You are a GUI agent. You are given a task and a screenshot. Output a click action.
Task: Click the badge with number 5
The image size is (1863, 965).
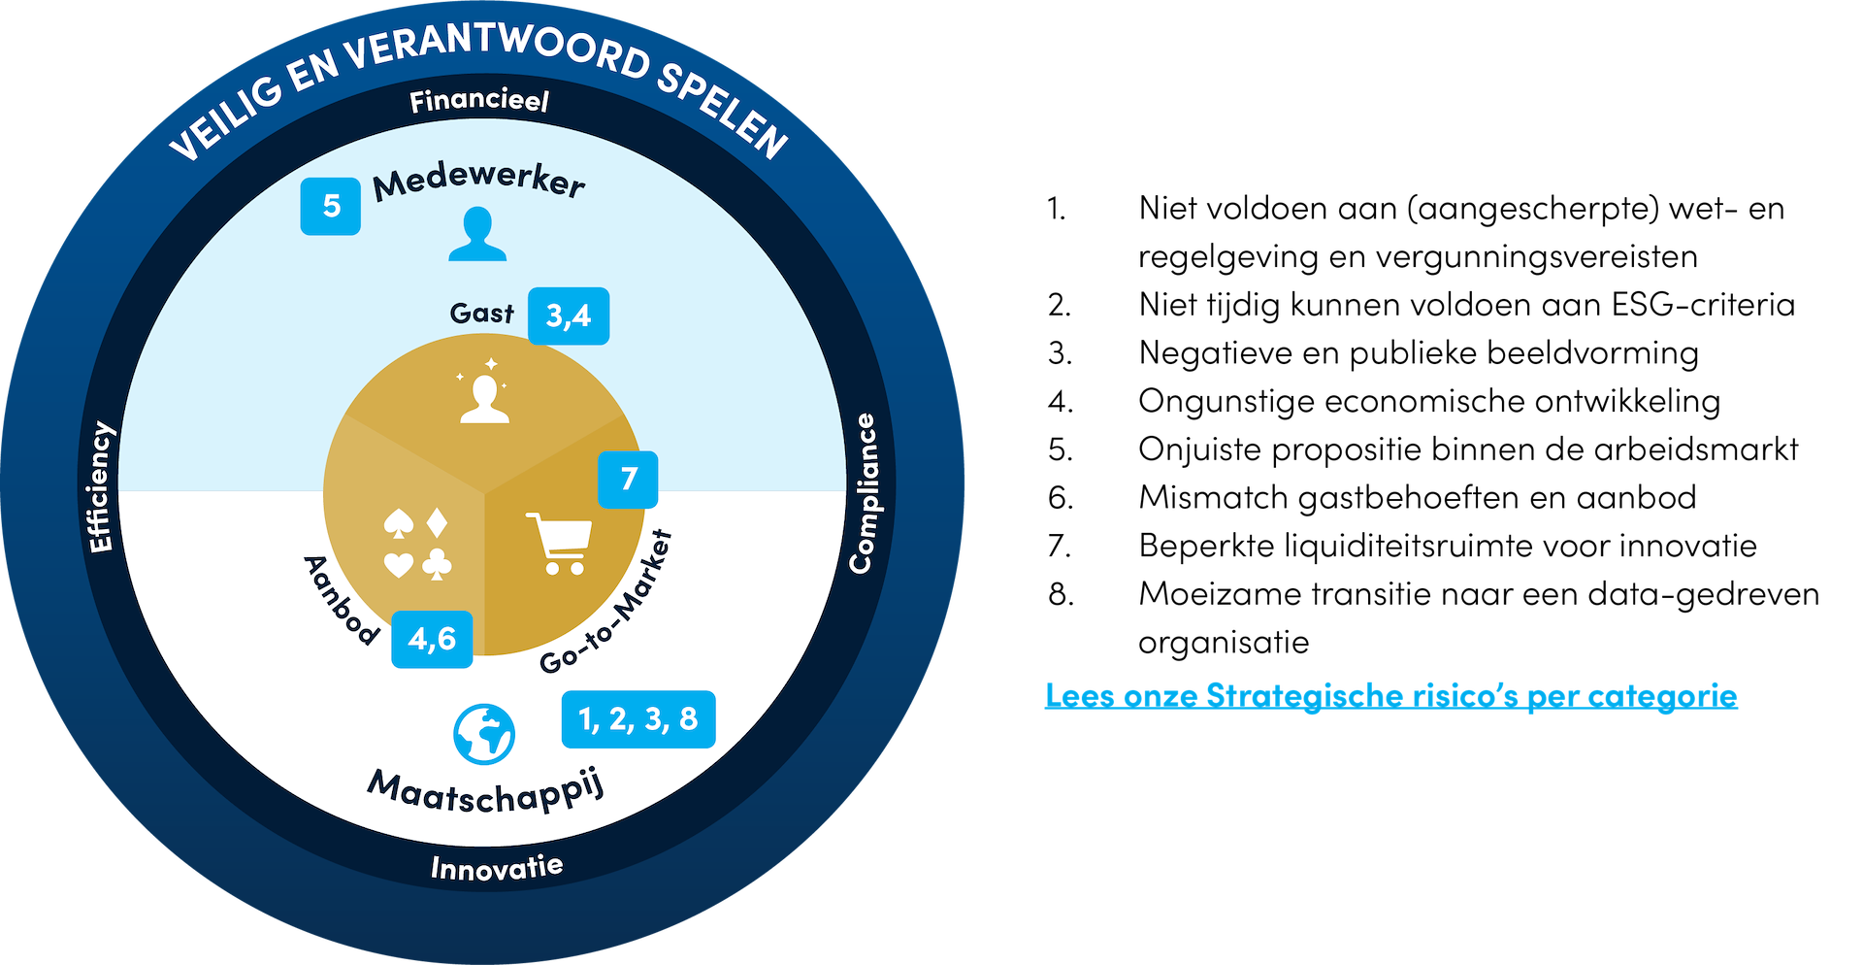[x=330, y=206]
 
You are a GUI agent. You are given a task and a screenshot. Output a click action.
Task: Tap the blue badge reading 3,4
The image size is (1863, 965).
[x=569, y=316]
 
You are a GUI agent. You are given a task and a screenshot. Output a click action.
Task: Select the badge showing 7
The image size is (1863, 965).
[x=628, y=479]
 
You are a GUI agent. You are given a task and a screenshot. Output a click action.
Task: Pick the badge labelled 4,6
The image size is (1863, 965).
[x=432, y=639]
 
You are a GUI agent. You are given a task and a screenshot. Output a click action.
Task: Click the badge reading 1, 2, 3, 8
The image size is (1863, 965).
[x=638, y=718]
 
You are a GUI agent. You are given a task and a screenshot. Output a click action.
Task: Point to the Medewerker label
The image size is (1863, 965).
[x=479, y=182]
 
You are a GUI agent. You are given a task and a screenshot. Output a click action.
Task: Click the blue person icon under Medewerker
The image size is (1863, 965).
[x=477, y=235]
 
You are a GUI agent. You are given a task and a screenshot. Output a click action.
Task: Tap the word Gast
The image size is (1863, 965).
[x=481, y=313]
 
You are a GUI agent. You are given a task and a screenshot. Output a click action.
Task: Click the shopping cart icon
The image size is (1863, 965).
[x=559, y=543]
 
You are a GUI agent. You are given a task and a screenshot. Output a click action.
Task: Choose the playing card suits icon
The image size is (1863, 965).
[x=418, y=545]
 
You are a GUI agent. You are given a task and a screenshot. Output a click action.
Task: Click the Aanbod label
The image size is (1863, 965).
[x=341, y=600]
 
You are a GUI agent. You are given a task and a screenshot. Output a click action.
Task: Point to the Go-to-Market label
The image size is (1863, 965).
[x=607, y=603]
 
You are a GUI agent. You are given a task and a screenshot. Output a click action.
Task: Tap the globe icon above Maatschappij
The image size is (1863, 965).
[x=484, y=734]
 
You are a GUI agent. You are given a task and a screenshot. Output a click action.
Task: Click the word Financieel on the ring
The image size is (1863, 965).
[x=479, y=101]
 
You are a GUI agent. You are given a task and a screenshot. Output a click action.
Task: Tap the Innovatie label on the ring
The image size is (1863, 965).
[x=497, y=867]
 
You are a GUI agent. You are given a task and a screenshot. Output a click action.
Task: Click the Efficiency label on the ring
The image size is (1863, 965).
[x=101, y=486]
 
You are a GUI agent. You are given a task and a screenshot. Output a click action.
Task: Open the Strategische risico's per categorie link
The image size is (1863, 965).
[x=1390, y=695]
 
